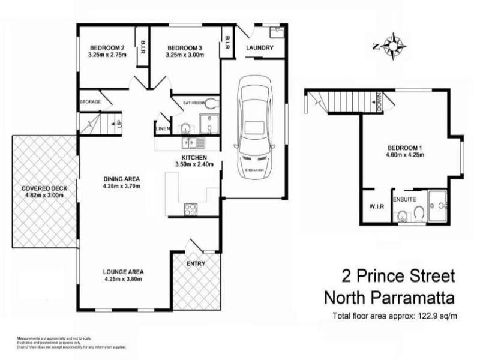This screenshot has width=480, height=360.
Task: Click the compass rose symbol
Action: (x=394, y=46)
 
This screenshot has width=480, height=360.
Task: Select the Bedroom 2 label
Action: (x=107, y=48)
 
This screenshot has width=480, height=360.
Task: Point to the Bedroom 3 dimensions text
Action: (x=184, y=55)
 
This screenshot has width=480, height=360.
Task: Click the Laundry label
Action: (x=260, y=49)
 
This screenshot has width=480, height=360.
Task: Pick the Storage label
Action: (x=90, y=102)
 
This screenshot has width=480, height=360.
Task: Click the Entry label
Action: (x=196, y=263)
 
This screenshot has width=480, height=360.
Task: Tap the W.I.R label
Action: (x=376, y=207)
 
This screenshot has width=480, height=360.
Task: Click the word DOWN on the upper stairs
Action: (x=380, y=103)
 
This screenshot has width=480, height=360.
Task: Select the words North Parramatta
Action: (x=389, y=298)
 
